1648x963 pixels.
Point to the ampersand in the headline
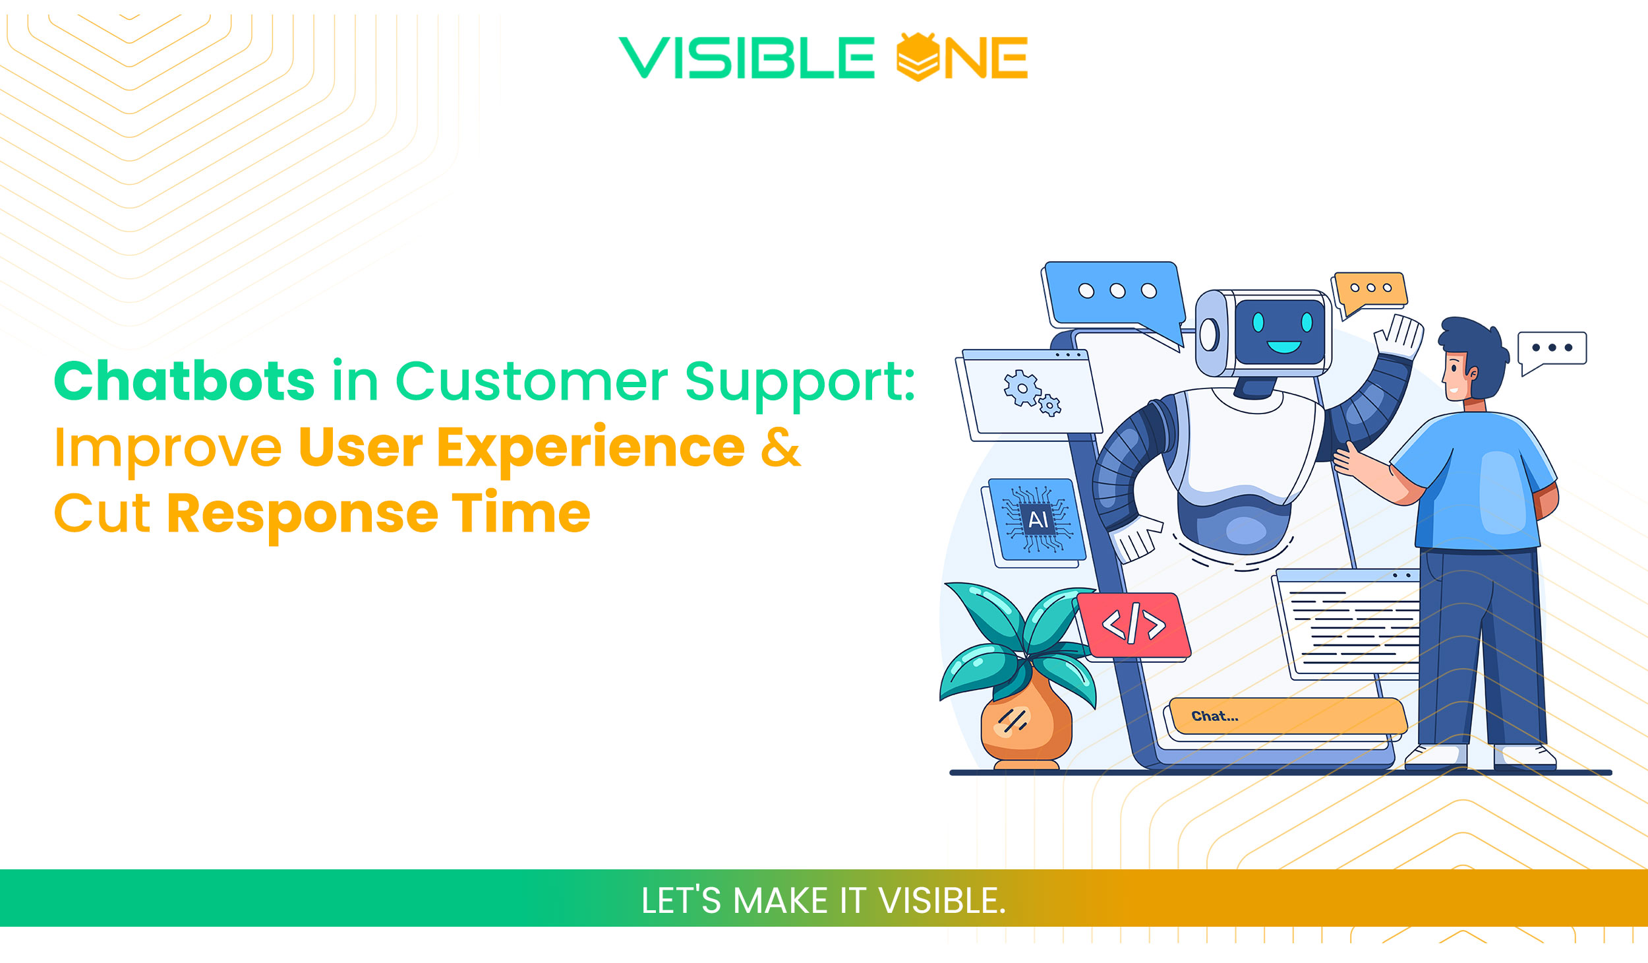click(780, 447)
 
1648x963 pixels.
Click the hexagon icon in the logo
click(918, 57)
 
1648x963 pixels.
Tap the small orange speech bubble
click(1370, 290)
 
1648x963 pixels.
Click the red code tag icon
click(1134, 624)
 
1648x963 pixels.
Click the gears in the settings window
click(1028, 393)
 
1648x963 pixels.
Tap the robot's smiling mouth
click(1283, 347)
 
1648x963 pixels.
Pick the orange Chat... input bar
click(1285, 716)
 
